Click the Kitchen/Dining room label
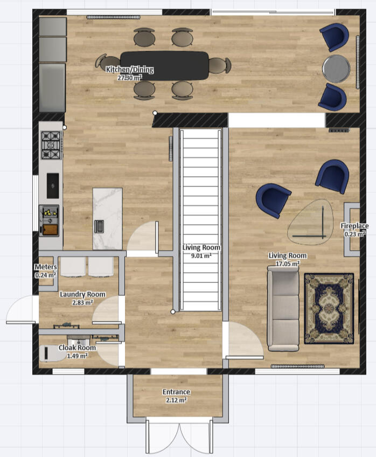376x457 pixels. tap(130, 70)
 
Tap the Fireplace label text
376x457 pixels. tap(354, 226)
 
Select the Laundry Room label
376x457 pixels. tap(82, 294)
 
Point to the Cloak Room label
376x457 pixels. tap(77, 348)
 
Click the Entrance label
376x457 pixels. tap(176, 392)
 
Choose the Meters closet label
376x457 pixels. tap(46, 267)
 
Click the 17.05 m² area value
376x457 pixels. tap(288, 264)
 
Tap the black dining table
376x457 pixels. tap(165, 66)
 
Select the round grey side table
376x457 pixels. tap(336, 69)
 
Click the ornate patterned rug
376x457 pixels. tap(329, 308)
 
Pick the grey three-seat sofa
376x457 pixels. tap(283, 308)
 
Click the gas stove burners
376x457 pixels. tap(51, 145)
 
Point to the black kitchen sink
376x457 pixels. tap(53, 185)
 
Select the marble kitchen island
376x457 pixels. tap(108, 219)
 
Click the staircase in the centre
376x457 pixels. tap(201, 219)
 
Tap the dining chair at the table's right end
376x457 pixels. tap(220, 66)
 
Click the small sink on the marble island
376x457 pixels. tap(99, 226)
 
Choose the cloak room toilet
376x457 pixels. tap(52, 353)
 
